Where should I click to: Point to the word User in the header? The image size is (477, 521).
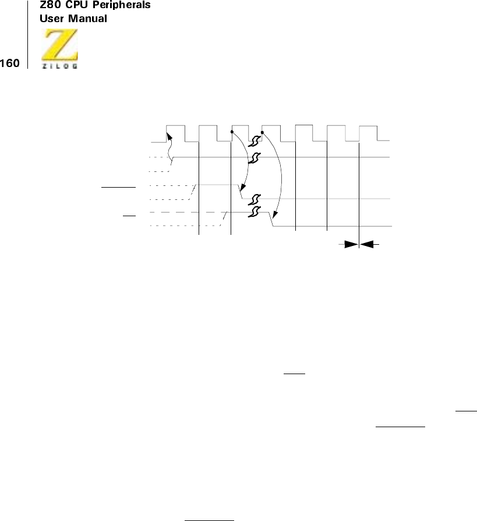coord(51,19)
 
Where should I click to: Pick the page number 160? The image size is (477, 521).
coord(10,62)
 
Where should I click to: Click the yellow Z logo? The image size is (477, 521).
coord(59,45)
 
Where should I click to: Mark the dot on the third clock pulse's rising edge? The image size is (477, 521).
coord(232,132)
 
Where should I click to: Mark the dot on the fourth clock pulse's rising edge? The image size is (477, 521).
coord(263,132)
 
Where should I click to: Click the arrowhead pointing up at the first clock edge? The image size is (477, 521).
coord(169,136)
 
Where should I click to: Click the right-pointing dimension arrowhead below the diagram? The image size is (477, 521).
coord(351,245)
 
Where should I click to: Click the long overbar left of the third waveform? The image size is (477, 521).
coord(118,188)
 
